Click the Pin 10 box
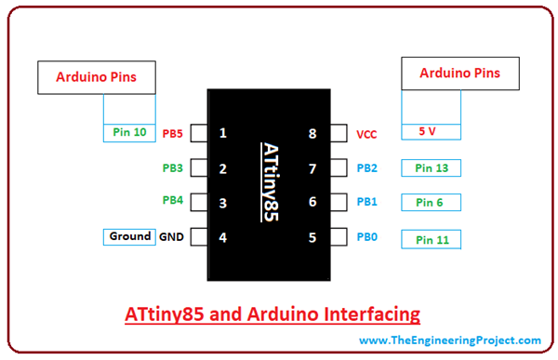coord(128,133)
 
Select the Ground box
coord(129,236)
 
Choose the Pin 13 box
coord(432,167)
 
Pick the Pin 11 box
coord(432,239)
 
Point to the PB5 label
coord(172,133)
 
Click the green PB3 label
coord(172,168)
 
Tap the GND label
coord(172,237)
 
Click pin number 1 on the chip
coord(223,133)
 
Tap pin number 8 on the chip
coord(312,134)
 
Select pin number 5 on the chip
coord(312,237)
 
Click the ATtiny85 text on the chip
coord(268,181)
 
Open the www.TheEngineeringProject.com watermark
coord(449,340)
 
